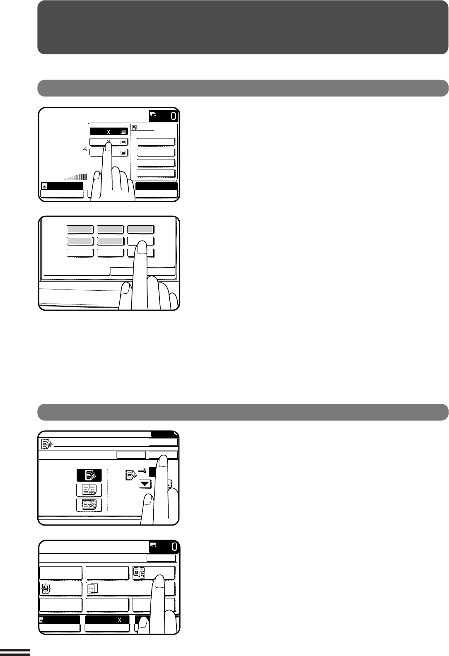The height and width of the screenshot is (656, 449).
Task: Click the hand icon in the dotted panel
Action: pyautogui.click(x=134, y=128)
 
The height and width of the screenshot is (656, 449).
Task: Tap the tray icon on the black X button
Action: pyautogui.click(x=123, y=132)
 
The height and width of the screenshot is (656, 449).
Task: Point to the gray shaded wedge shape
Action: pyautogui.click(x=76, y=176)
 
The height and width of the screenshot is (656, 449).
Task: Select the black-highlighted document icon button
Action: pyautogui.click(x=89, y=475)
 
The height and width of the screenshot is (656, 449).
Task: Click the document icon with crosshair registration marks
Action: pyautogui.click(x=46, y=588)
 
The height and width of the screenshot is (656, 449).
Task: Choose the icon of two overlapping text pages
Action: pyautogui.click(x=93, y=588)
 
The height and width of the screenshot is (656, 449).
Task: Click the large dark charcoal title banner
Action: pyautogui.click(x=243, y=27)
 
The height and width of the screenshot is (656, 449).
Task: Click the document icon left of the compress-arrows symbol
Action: pyautogui.click(x=130, y=475)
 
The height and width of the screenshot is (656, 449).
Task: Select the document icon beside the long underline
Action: pyautogui.click(x=47, y=444)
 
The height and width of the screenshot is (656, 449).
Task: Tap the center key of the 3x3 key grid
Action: pyautogui.click(x=110, y=241)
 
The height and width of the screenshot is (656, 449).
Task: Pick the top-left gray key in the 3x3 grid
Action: pyautogui.click(x=80, y=229)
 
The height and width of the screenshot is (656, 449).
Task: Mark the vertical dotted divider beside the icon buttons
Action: pyautogui.click(x=108, y=490)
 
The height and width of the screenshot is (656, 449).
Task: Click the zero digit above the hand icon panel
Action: pyautogui.click(x=174, y=116)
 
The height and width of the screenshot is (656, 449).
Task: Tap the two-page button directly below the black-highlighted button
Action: pyautogui.click(x=89, y=490)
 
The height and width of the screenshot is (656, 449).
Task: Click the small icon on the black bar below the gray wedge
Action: pyautogui.click(x=44, y=186)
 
